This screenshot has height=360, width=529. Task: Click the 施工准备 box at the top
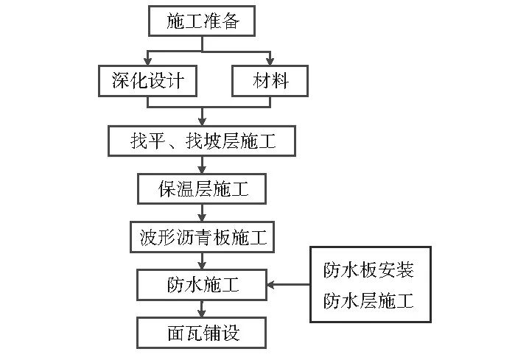pos(203,21)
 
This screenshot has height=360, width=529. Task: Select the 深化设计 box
pos(147,81)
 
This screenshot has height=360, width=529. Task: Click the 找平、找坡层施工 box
pos(202,141)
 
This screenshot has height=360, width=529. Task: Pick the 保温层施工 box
pos(202,189)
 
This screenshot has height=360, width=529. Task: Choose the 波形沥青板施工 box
pos(202,237)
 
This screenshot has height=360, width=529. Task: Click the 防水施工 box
pos(202,284)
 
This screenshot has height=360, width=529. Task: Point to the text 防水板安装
pos(368,270)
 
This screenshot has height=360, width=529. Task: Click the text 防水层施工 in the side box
pos(368,300)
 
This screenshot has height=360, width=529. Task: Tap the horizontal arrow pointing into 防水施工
pos(287,284)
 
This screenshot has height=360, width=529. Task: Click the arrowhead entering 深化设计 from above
pos(148,61)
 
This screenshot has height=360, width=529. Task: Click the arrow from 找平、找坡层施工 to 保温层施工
pos(202,166)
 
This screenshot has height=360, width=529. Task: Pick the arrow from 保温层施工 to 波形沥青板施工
pos(202,213)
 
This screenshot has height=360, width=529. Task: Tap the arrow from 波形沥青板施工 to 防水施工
pos(202,261)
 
